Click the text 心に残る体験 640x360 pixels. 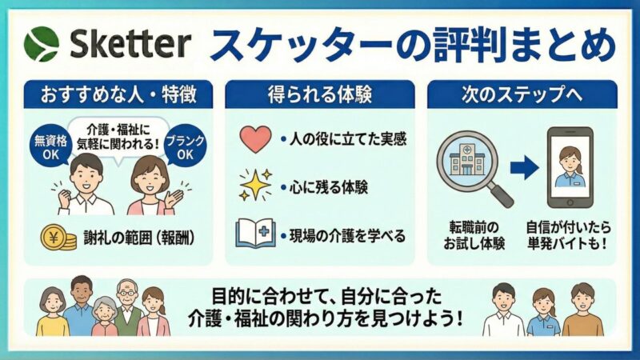point(335,188)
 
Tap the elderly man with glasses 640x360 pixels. point(127,309)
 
